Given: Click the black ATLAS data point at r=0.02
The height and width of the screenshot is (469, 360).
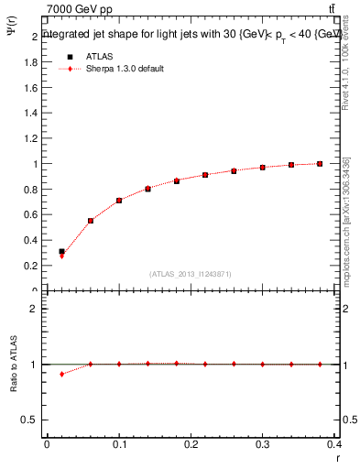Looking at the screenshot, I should (61, 251).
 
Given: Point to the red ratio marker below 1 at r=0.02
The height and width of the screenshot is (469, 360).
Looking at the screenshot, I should (61, 374).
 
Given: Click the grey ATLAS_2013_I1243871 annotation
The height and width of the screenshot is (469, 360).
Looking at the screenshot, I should (191, 274).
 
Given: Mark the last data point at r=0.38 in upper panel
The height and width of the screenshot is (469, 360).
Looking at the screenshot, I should (320, 164).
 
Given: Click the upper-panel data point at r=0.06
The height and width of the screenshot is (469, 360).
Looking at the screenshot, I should (91, 221).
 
